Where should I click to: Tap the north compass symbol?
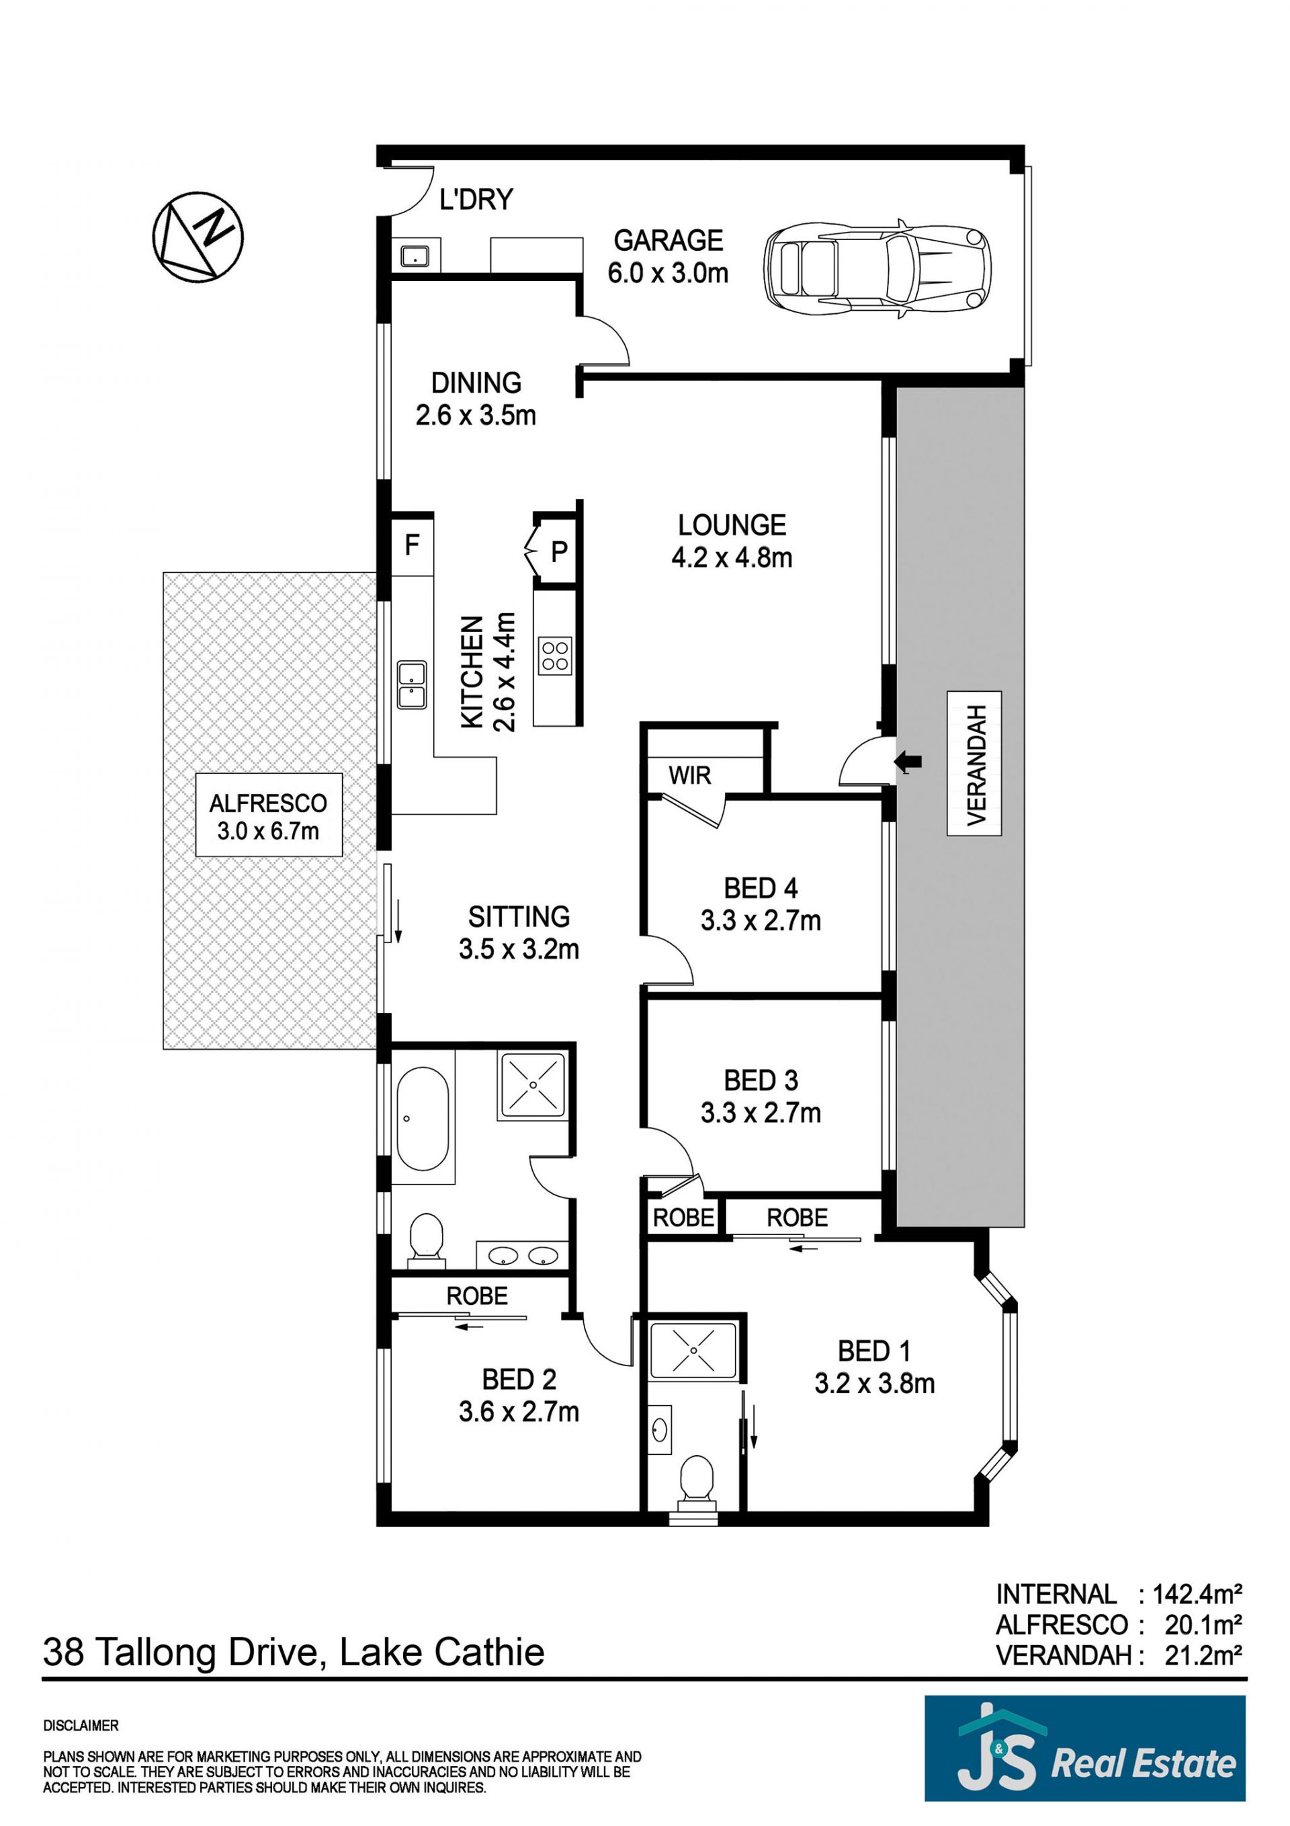tap(198, 236)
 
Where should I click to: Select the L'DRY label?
tap(476, 199)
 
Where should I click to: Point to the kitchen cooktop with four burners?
tap(555, 656)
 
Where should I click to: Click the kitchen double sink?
tap(412, 684)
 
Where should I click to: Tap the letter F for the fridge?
tap(412, 545)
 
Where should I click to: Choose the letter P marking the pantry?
tap(559, 551)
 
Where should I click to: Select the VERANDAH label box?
tap(974, 764)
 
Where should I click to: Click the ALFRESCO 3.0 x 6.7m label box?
tap(269, 814)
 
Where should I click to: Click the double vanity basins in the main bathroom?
tap(522, 1256)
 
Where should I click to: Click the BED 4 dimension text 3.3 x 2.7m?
tap(761, 921)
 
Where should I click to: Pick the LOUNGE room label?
tap(732, 525)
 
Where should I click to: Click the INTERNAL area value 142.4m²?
tap(1198, 1595)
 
